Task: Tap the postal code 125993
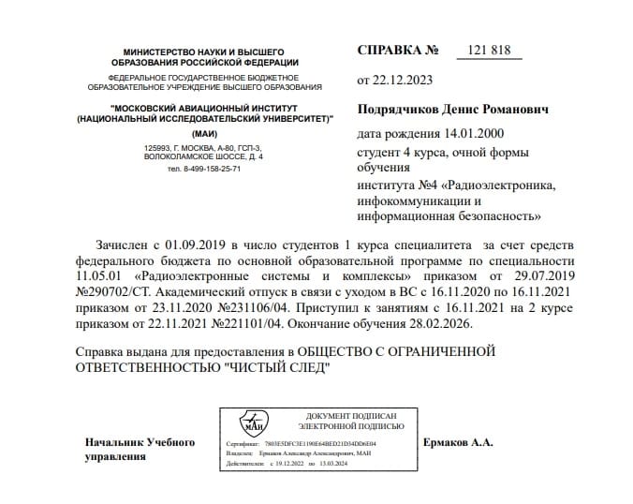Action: click(159, 149)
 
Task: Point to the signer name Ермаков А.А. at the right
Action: click(458, 441)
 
